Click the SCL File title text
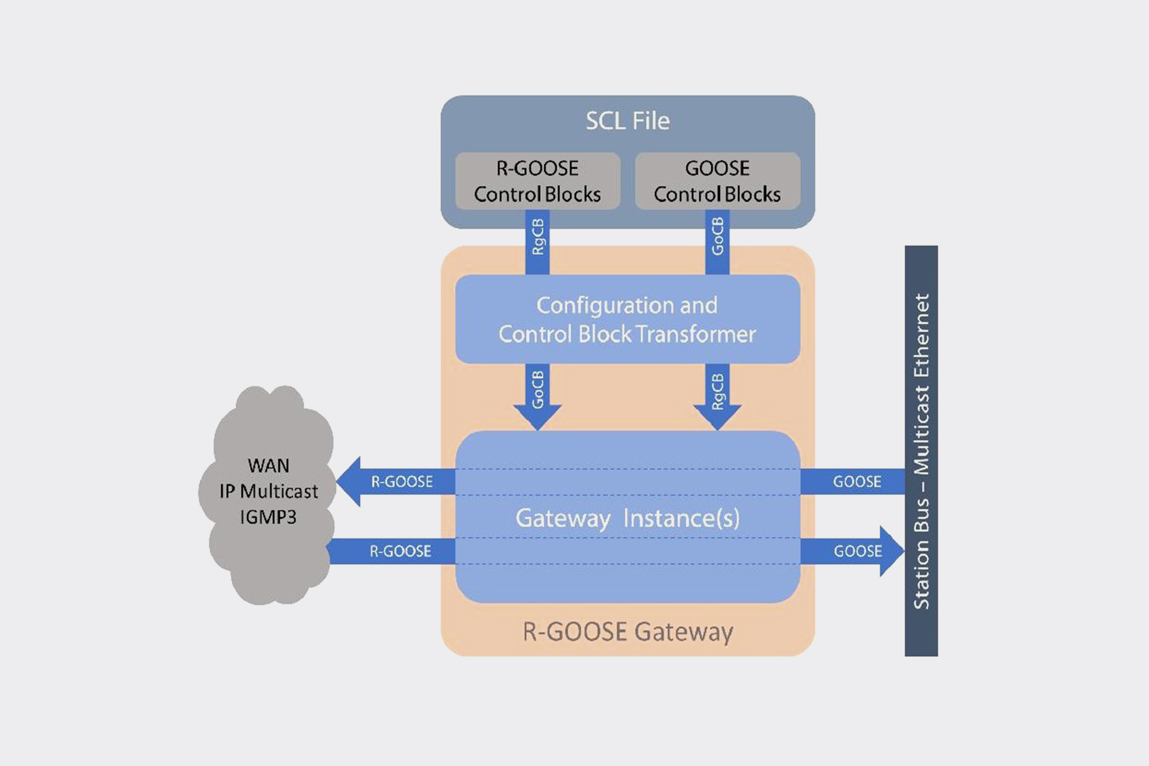627,121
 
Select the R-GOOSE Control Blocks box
537,181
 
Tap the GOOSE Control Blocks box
717,181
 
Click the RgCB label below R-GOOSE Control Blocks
537,237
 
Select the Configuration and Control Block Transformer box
627,319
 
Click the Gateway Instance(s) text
627,518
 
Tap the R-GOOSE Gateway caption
627,632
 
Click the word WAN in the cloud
268,466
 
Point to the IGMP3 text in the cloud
268,517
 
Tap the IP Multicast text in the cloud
268,491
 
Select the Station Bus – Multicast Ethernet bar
921,450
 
